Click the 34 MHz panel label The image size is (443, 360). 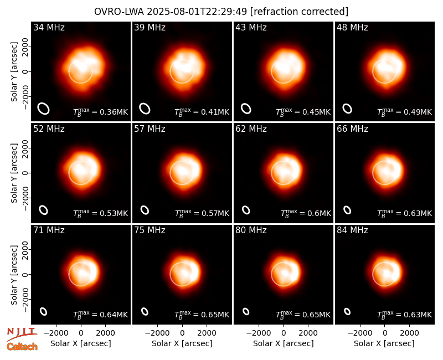(x=49, y=27)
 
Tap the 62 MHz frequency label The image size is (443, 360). (x=251, y=129)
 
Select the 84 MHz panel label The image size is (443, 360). (x=352, y=230)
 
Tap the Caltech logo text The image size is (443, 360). (x=22, y=347)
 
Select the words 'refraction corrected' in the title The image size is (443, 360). (x=299, y=12)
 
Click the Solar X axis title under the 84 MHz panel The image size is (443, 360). (x=384, y=343)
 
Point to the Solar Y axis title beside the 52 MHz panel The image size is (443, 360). (x=14, y=173)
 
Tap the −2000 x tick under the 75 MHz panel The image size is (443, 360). (x=157, y=333)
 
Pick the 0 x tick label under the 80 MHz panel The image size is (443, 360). (x=284, y=333)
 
